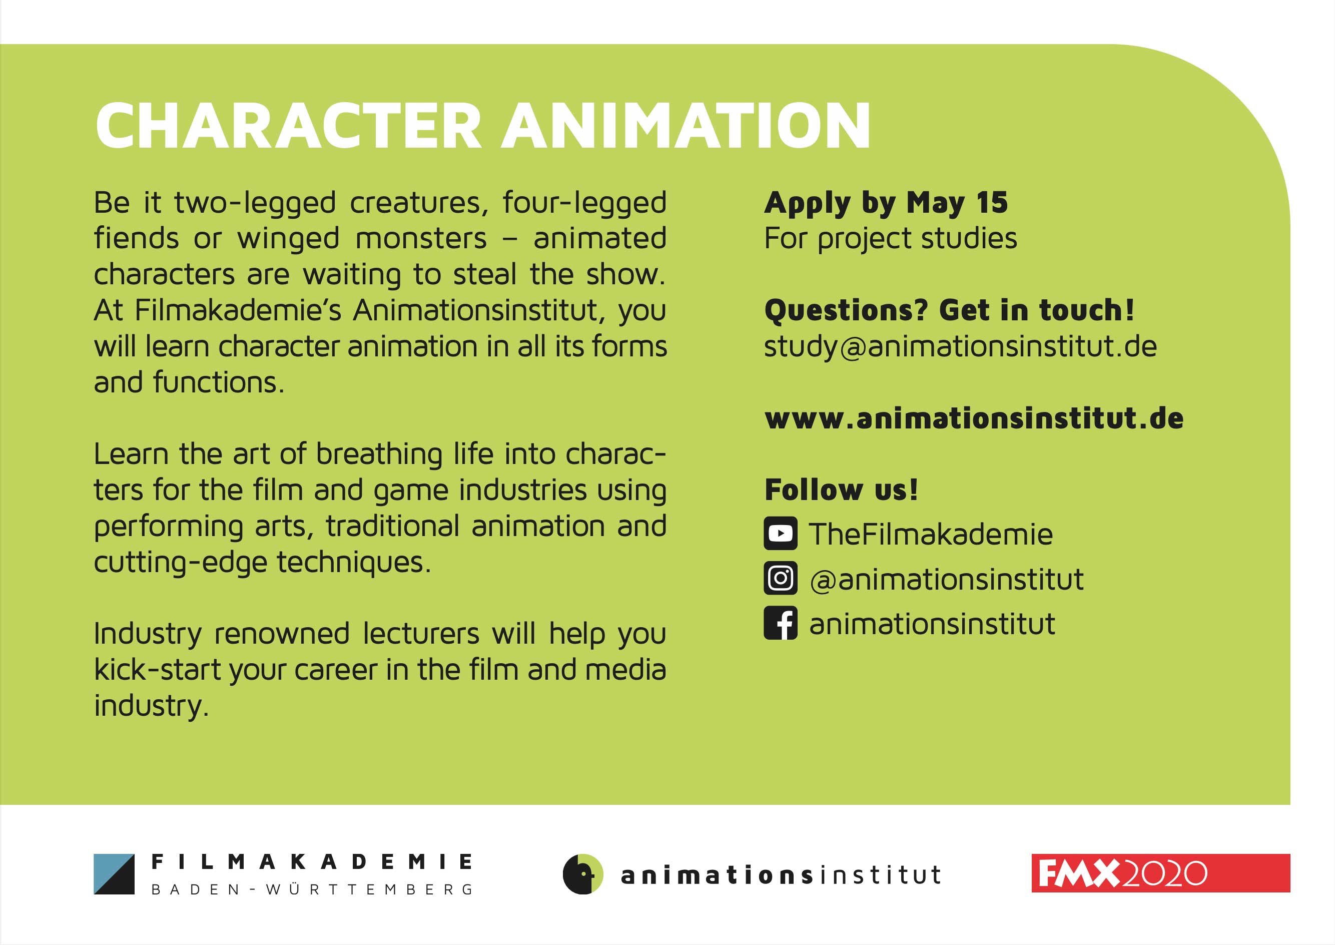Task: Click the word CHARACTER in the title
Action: click(289, 126)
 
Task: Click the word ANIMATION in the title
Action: click(687, 126)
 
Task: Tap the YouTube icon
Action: click(781, 534)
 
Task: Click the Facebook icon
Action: click(781, 623)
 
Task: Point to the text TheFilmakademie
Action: click(931, 534)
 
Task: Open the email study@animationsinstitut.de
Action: click(960, 347)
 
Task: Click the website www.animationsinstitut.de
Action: click(974, 418)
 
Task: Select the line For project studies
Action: click(891, 239)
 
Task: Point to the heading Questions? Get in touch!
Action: click(949, 310)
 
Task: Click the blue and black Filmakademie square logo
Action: click(114, 874)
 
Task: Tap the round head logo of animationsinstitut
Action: click(583, 874)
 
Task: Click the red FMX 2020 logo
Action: click(1160, 873)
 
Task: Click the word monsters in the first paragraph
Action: click(421, 239)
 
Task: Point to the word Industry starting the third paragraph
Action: click(148, 634)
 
